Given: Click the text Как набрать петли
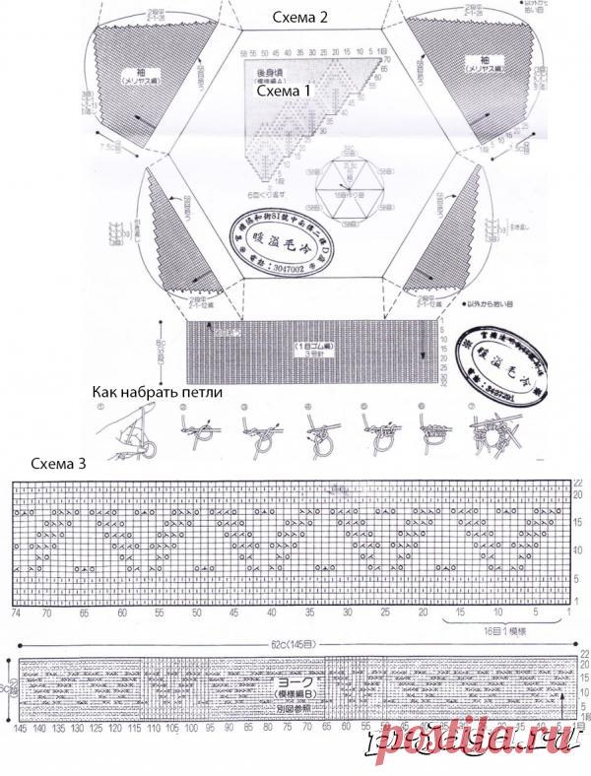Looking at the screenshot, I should (158, 392).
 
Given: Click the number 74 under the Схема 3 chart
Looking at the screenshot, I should (17, 613).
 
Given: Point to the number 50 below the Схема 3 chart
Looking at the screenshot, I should (197, 613).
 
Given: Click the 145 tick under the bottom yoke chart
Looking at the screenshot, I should (21, 729).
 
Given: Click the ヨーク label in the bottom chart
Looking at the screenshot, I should (285, 679).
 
